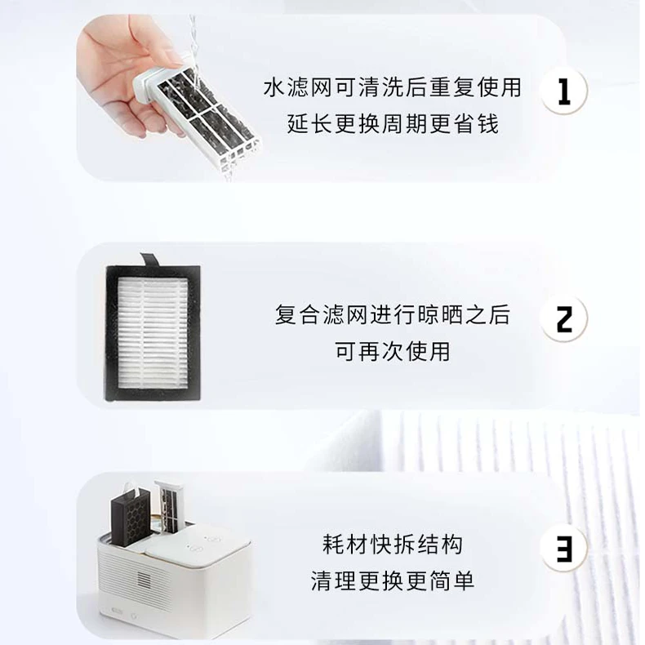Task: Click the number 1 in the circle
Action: point(563,91)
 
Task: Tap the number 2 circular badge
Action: point(563,318)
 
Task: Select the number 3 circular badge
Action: point(563,546)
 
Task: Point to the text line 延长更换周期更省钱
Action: point(392,125)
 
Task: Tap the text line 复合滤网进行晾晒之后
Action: point(392,315)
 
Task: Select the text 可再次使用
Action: point(392,352)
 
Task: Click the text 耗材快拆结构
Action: point(392,544)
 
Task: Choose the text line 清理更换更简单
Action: point(392,580)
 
